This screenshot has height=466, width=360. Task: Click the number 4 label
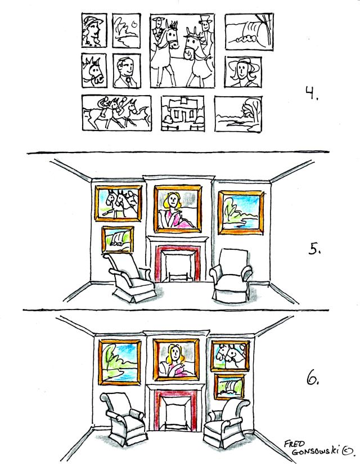(x=311, y=93)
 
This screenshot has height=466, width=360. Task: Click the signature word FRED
(x=294, y=444)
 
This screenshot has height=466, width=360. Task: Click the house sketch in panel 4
(x=183, y=114)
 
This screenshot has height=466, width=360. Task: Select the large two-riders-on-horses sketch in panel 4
(x=182, y=51)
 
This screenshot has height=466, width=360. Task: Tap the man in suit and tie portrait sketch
(x=127, y=71)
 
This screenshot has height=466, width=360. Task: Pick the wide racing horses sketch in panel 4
(x=116, y=113)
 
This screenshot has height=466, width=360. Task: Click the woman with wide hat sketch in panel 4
(x=243, y=71)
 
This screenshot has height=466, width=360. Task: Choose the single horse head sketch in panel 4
(x=94, y=70)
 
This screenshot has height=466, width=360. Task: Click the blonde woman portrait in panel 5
(x=178, y=209)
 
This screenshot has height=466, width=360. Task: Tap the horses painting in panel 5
(x=118, y=204)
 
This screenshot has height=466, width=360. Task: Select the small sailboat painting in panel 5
(x=118, y=239)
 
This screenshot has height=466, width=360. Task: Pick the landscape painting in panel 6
(x=120, y=362)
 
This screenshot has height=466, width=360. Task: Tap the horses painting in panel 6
(x=230, y=356)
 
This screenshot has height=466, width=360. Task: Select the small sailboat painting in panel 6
(x=229, y=387)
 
